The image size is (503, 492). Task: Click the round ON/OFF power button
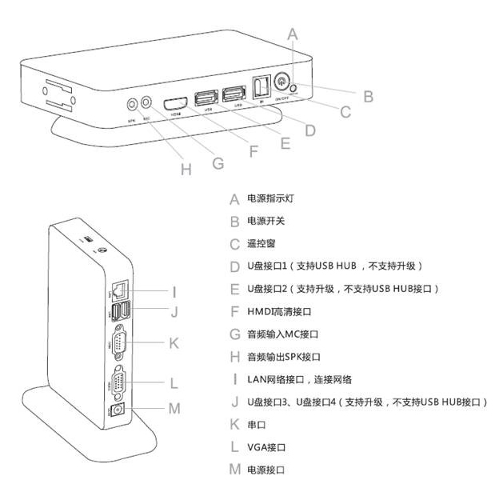click(284, 81)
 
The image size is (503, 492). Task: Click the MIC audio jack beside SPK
click(146, 102)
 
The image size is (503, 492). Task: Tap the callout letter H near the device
click(186, 170)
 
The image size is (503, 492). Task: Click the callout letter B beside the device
click(369, 96)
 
